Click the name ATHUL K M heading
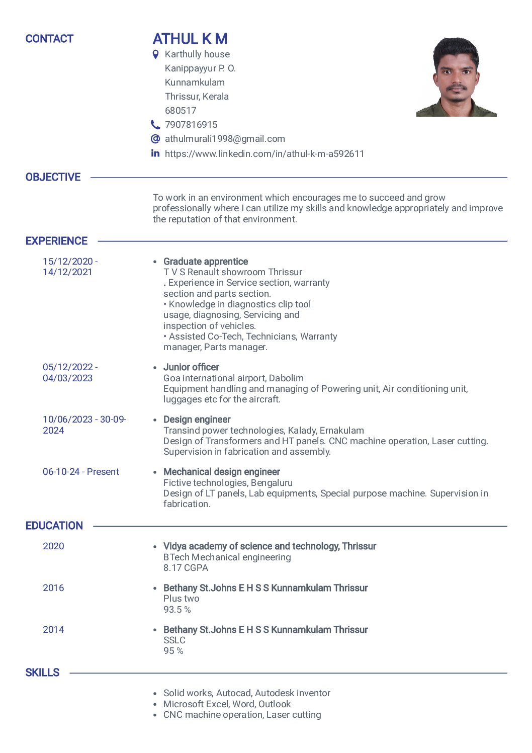(x=190, y=39)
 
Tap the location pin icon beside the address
(x=156, y=54)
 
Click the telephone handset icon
(x=155, y=124)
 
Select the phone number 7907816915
(x=191, y=125)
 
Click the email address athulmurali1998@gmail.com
(x=225, y=139)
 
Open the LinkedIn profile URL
(x=264, y=153)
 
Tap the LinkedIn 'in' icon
(x=155, y=153)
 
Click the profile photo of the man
(x=456, y=77)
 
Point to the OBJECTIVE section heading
(x=53, y=177)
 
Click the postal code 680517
(x=181, y=111)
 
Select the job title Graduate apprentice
(x=206, y=262)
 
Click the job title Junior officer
(x=191, y=367)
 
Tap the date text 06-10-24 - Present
(x=81, y=472)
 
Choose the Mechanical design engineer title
(x=222, y=472)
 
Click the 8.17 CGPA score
(x=186, y=568)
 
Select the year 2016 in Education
(x=53, y=588)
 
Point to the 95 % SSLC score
(x=173, y=651)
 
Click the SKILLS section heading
(x=42, y=673)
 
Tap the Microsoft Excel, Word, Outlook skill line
(x=227, y=704)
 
